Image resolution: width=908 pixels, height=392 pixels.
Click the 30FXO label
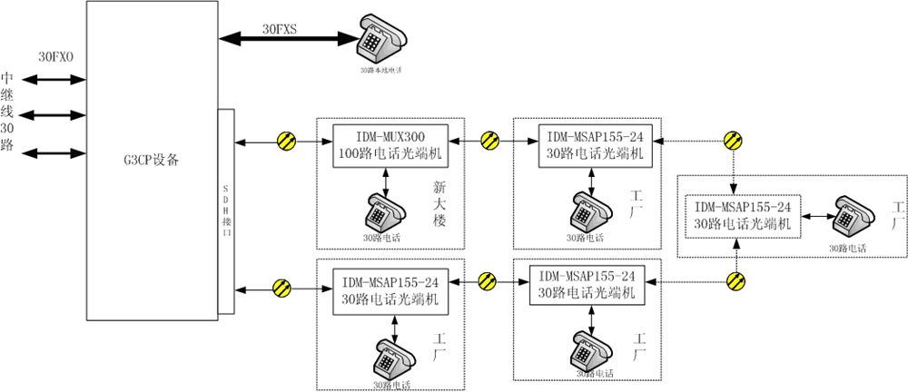click(55, 56)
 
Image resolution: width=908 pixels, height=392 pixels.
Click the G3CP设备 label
click(153, 162)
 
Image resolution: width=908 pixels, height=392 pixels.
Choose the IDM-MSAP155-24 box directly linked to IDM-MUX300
click(594, 143)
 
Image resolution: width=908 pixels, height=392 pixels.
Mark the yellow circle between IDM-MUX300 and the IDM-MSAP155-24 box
click(490, 141)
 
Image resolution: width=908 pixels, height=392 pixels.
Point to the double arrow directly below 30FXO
click(55, 80)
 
